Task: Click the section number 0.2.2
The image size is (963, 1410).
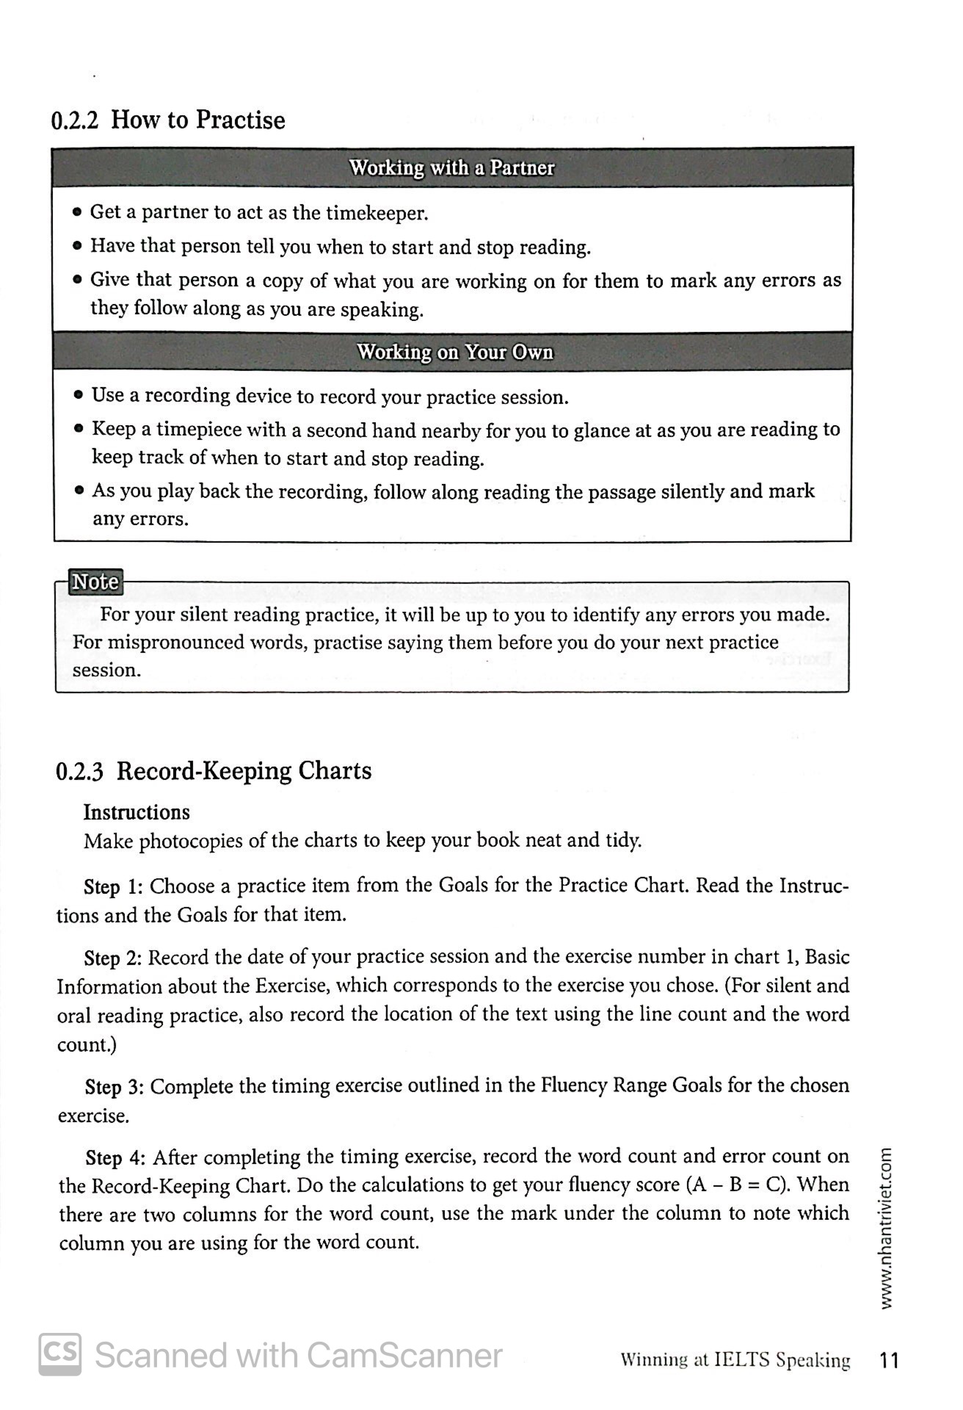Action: click(x=75, y=120)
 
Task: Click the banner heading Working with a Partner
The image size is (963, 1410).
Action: click(x=451, y=168)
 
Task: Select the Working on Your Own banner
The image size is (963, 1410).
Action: click(x=455, y=352)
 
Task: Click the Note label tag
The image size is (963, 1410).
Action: click(x=94, y=582)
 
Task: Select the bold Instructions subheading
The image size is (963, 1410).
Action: click(x=137, y=812)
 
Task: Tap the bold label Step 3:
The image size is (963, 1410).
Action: click(x=115, y=1087)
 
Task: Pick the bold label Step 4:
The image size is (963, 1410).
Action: click(x=115, y=1158)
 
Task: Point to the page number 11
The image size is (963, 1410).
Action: click(x=889, y=1361)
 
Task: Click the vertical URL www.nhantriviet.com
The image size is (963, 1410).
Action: click(x=886, y=1227)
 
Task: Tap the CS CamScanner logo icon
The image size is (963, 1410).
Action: click(x=60, y=1354)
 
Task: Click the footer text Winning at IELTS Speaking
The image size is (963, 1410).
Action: click(x=735, y=1361)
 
